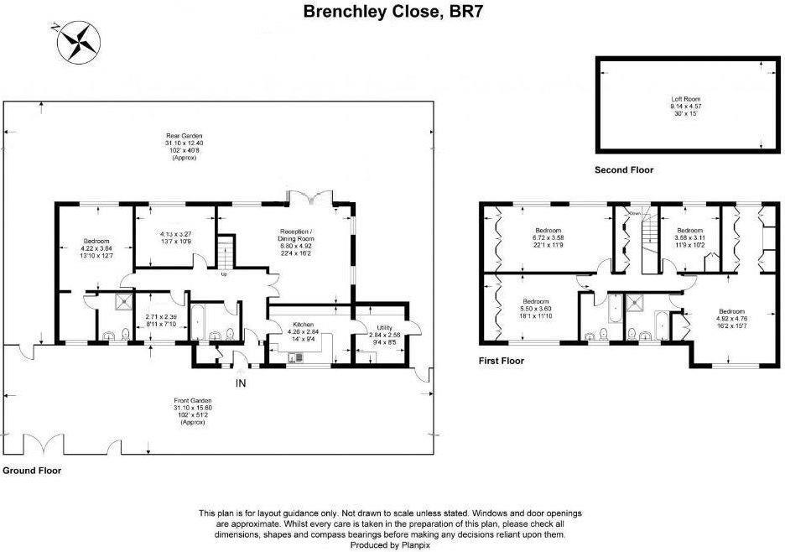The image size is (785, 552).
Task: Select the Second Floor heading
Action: tap(623, 170)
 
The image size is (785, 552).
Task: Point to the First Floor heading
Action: tap(502, 361)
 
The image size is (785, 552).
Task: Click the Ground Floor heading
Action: tap(31, 471)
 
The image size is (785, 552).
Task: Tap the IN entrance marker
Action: tap(242, 384)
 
